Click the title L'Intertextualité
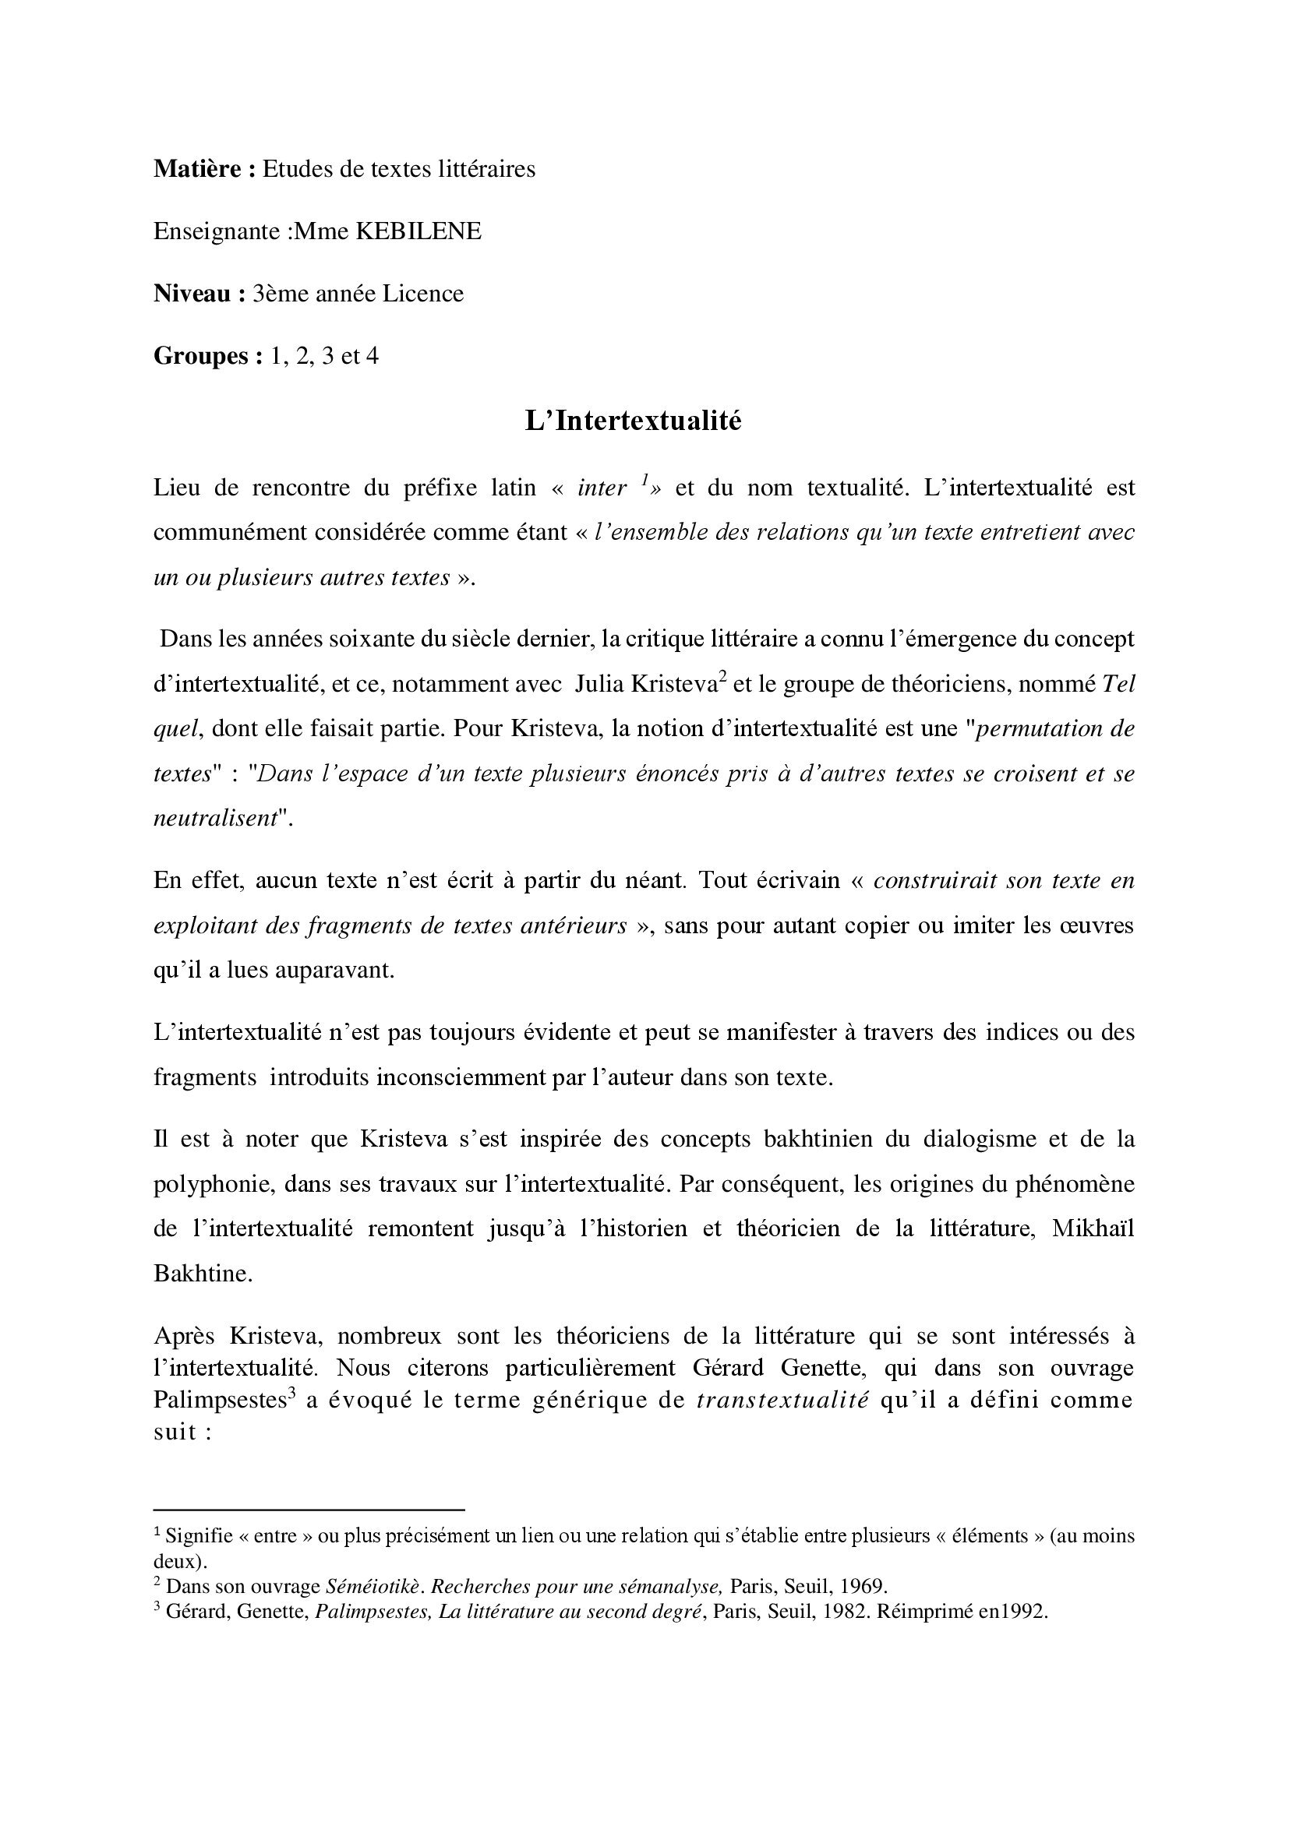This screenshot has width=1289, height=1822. (x=633, y=421)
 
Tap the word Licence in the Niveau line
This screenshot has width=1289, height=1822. (x=423, y=294)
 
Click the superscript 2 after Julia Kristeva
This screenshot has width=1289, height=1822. (x=723, y=678)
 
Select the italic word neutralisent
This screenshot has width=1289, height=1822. (x=214, y=819)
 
